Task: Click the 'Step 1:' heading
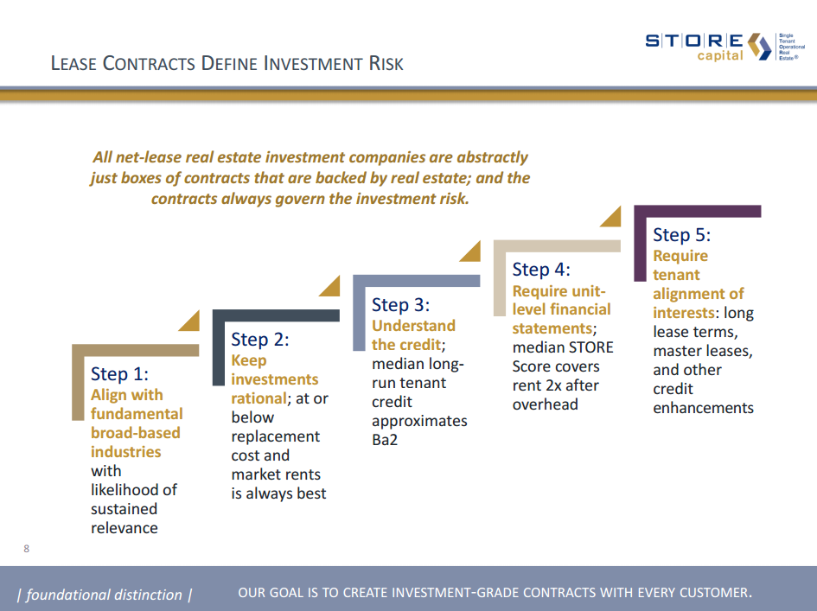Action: [119, 374]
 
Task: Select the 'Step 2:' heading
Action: [259, 340]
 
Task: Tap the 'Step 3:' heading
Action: [400, 305]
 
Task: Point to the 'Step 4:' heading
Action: [541, 270]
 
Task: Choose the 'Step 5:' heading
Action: [682, 235]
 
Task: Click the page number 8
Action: [27, 549]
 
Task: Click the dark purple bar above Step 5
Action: [698, 212]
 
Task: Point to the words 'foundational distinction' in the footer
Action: [104, 595]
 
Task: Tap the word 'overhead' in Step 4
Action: [545, 404]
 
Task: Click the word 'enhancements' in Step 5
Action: [703, 408]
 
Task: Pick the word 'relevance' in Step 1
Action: [124, 528]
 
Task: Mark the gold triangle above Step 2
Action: [330, 286]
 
